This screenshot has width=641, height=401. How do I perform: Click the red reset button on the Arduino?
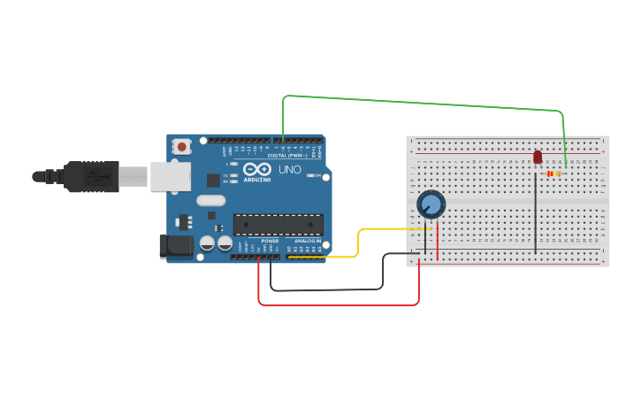pos(181,146)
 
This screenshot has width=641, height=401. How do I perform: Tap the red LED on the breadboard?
pos(538,157)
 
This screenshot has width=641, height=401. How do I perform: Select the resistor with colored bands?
pos(553,174)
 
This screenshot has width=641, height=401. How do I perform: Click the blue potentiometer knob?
pos(431,204)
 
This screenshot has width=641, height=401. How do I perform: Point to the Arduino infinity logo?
pos(257,169)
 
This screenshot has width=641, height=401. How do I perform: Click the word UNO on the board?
pos(290,169)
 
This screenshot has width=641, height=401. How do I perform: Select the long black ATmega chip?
pos(278,225)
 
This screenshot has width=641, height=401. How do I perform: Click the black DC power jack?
pos(175,246)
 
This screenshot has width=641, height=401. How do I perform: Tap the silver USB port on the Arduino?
pos(170,176)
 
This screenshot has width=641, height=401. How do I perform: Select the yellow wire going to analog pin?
pos(357,243)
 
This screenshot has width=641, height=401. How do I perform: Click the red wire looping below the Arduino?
pos(336,305)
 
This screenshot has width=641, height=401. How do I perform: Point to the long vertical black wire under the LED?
pos(535,212)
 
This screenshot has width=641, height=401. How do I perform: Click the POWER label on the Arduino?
pos(270,241)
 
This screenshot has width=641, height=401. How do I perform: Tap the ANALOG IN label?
pos(308,241)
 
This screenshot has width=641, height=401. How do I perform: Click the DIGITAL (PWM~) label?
pos(287,156)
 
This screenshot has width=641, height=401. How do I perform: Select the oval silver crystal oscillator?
pos(211,200)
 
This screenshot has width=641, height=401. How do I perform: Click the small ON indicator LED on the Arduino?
pos(309,175)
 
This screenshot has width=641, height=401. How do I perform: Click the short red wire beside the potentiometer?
pos(438,237)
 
